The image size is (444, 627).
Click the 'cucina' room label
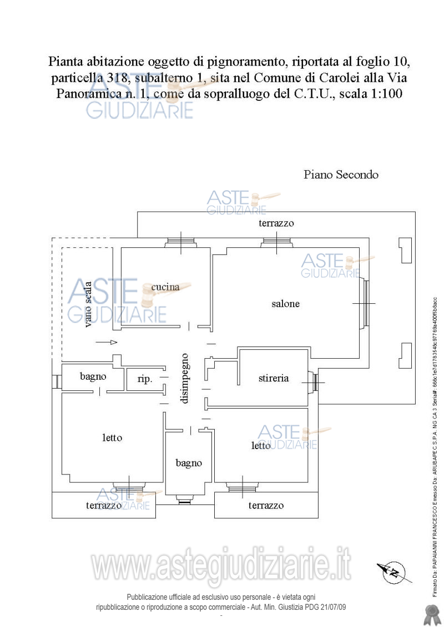coord(165,287)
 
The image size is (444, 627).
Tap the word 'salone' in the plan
coord(285,304)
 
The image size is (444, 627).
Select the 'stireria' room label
coord(274,379)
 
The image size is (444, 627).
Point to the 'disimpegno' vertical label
coord(185,378)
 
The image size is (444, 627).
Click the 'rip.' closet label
coord(144,380)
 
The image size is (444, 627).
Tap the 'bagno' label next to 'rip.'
coord(93,376)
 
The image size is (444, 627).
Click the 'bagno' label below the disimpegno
coord(189,463)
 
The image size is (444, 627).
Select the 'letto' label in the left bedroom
coord(112,437)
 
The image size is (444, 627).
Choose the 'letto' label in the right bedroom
coord(261,446)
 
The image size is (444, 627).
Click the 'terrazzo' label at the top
coord(276,223)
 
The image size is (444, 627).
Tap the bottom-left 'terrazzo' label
coord(104,506)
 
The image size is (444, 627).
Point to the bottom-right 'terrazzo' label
coord(266,506)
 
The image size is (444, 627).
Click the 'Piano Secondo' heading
coord(341,175)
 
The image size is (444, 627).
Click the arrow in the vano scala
coord(107,343)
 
